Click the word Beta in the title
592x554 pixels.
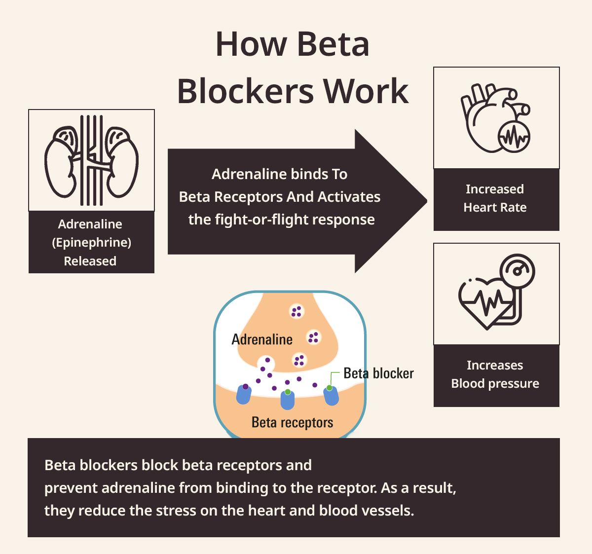[333, 44]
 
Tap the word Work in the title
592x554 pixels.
[366, 91]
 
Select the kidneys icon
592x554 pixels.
[91, 160]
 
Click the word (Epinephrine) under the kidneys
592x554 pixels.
[91, 242]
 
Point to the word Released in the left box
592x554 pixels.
[90, 261]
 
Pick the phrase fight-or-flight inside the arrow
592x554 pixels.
[257, 220]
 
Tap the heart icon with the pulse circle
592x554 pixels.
[495, 118]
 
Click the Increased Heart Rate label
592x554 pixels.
[495, 198]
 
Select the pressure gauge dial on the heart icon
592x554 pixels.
[517, 270]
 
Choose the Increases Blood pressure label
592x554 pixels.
[495, 374]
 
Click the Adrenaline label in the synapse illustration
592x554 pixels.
[262, 339]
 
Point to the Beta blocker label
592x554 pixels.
[378, 373]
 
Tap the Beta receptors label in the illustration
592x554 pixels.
[292, 422]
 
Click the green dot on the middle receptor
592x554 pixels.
[288, 392]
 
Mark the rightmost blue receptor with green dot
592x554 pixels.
[331, 395]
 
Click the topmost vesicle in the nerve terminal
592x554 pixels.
[296, 311]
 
